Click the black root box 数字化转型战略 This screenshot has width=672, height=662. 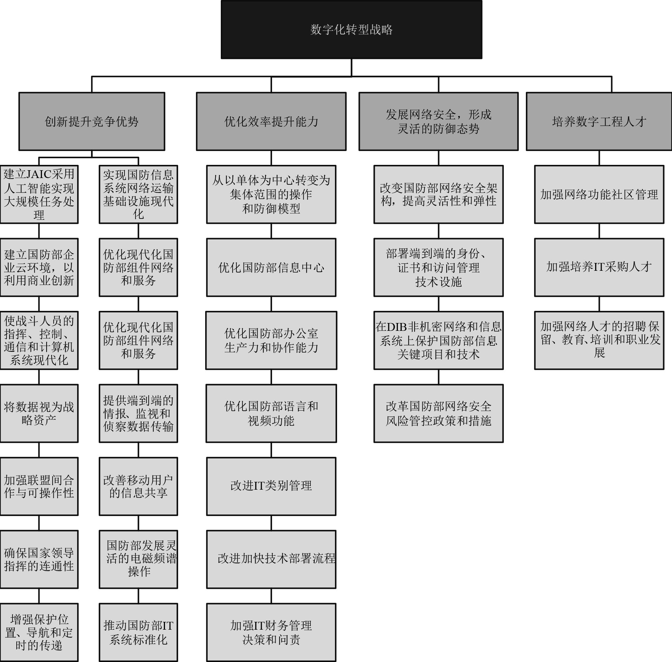click(351, 29)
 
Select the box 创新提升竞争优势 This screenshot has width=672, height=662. click(92, 122)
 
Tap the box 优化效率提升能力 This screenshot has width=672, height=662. click(271, 122)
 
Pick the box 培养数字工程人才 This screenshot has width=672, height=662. click(599, 122)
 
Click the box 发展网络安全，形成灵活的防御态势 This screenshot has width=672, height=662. click(438, 122)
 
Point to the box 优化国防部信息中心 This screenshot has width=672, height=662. click(271, 267)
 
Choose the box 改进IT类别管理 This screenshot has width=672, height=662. click(271, 486)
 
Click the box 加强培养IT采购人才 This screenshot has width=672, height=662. click(599, 267)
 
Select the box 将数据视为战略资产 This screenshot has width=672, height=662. click(39, 413)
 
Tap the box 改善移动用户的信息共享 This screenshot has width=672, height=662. click(138, 486)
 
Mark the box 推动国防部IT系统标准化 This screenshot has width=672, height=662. click(138, 632)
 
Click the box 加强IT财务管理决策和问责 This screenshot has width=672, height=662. click(271, 632)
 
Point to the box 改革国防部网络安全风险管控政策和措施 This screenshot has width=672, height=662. click(438, 413)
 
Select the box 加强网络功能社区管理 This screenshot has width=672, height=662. click(599, 194)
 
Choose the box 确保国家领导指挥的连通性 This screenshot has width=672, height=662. click(39, 559)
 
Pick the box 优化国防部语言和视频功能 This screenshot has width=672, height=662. click(271, 413)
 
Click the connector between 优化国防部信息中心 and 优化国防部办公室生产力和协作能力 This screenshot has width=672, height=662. click(271, 304)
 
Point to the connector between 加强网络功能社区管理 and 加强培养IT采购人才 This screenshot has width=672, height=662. click(599, 231)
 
